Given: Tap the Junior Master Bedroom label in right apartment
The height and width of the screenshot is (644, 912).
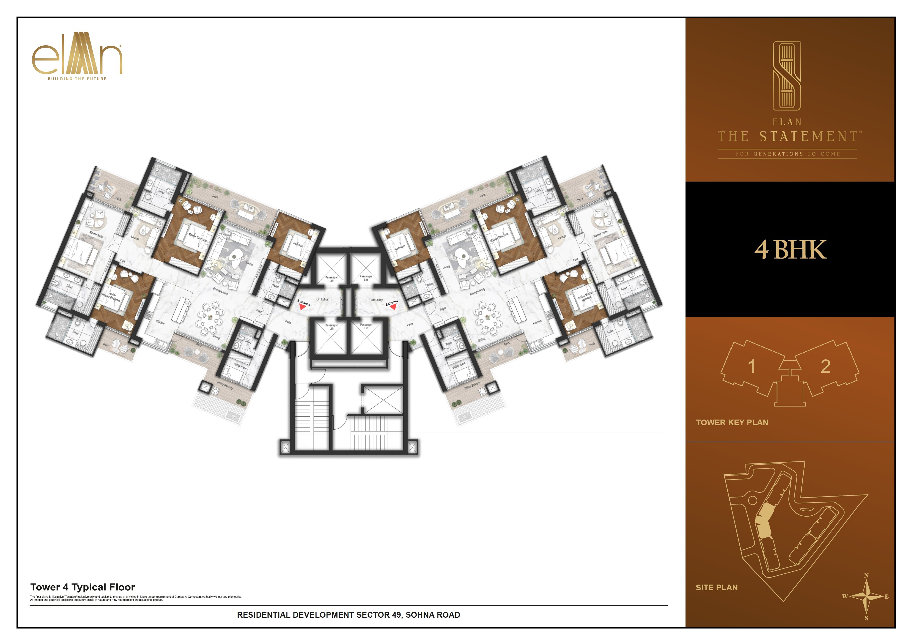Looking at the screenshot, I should (585, 296).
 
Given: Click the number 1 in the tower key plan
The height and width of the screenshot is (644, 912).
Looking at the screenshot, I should (751, 366).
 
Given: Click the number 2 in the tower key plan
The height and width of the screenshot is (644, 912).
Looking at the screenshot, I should (825, 366).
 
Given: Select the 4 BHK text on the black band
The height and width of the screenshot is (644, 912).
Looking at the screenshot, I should (790, 250).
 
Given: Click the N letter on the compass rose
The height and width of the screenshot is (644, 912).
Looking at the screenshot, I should (866, 575).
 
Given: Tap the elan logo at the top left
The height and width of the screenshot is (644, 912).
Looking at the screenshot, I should (77, 58).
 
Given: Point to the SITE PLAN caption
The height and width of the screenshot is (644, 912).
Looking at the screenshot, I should (717, 588).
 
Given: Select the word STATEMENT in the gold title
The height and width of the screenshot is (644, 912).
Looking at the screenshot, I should (808, 137).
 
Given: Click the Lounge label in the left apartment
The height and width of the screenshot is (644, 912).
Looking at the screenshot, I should (135, 238).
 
